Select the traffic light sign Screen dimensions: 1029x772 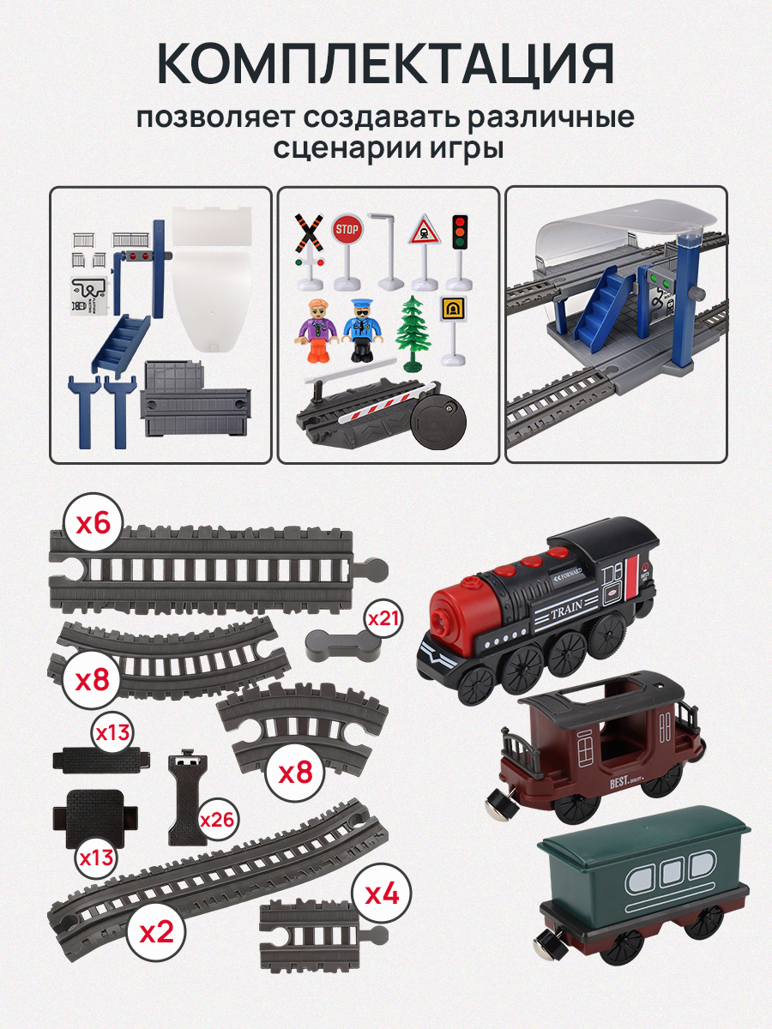461,233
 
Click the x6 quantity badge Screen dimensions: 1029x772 93,523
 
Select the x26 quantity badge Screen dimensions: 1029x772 218,818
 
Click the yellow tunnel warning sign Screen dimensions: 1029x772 452,309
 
